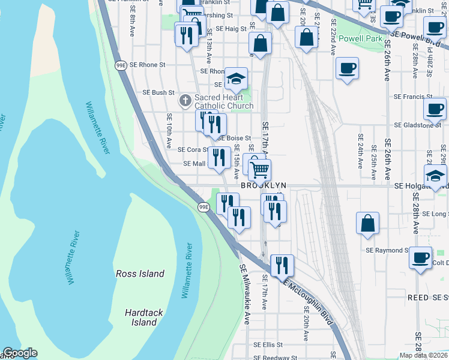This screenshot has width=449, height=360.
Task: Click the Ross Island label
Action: (139, 274)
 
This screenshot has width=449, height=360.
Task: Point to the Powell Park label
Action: (360, 38)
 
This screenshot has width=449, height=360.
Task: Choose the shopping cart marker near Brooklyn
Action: (259, 170)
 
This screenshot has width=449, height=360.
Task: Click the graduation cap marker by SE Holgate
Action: (435, 175)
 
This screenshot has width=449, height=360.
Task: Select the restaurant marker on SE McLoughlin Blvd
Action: (282, 265)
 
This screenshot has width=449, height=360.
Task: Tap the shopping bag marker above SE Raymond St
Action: (367, 223)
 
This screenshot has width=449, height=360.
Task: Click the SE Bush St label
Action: (158, 92)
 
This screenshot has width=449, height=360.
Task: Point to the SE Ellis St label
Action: (268, 345)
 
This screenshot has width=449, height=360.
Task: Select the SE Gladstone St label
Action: (418, 125)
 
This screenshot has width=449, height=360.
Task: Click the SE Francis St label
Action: (413, 96)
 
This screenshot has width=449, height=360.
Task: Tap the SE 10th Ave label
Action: (169, 131)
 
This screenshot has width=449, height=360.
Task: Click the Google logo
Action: (19, 353)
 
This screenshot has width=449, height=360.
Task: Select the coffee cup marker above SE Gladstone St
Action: (435, 109)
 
